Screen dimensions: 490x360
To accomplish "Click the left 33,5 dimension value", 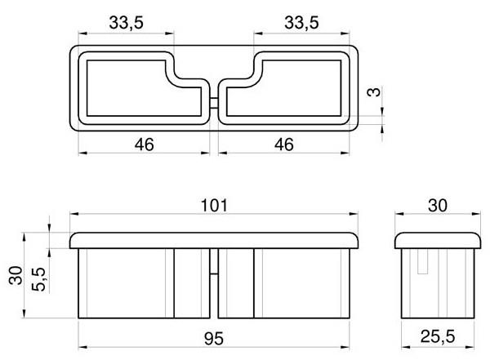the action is point(127,23).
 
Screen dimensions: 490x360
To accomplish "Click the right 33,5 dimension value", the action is point(301,23).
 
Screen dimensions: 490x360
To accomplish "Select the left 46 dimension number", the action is point(144,144).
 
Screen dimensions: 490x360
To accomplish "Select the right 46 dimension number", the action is point(284,144).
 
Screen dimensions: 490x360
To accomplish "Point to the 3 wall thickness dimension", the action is point(374,92).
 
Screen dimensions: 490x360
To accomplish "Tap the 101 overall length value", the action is point(214,206).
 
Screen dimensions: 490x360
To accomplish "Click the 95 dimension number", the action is point(214,339).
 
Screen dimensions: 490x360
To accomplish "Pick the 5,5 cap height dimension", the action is point(39,279).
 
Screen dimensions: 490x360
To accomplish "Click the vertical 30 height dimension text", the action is point(16,275).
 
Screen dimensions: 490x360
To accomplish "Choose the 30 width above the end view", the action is point(438,206).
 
